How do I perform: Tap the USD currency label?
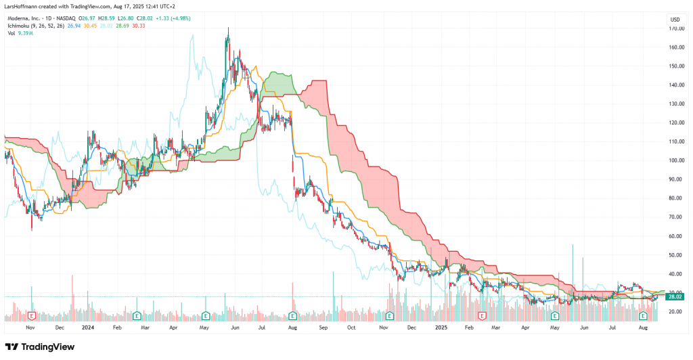[674, 18]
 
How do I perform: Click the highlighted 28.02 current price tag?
[675, 296]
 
